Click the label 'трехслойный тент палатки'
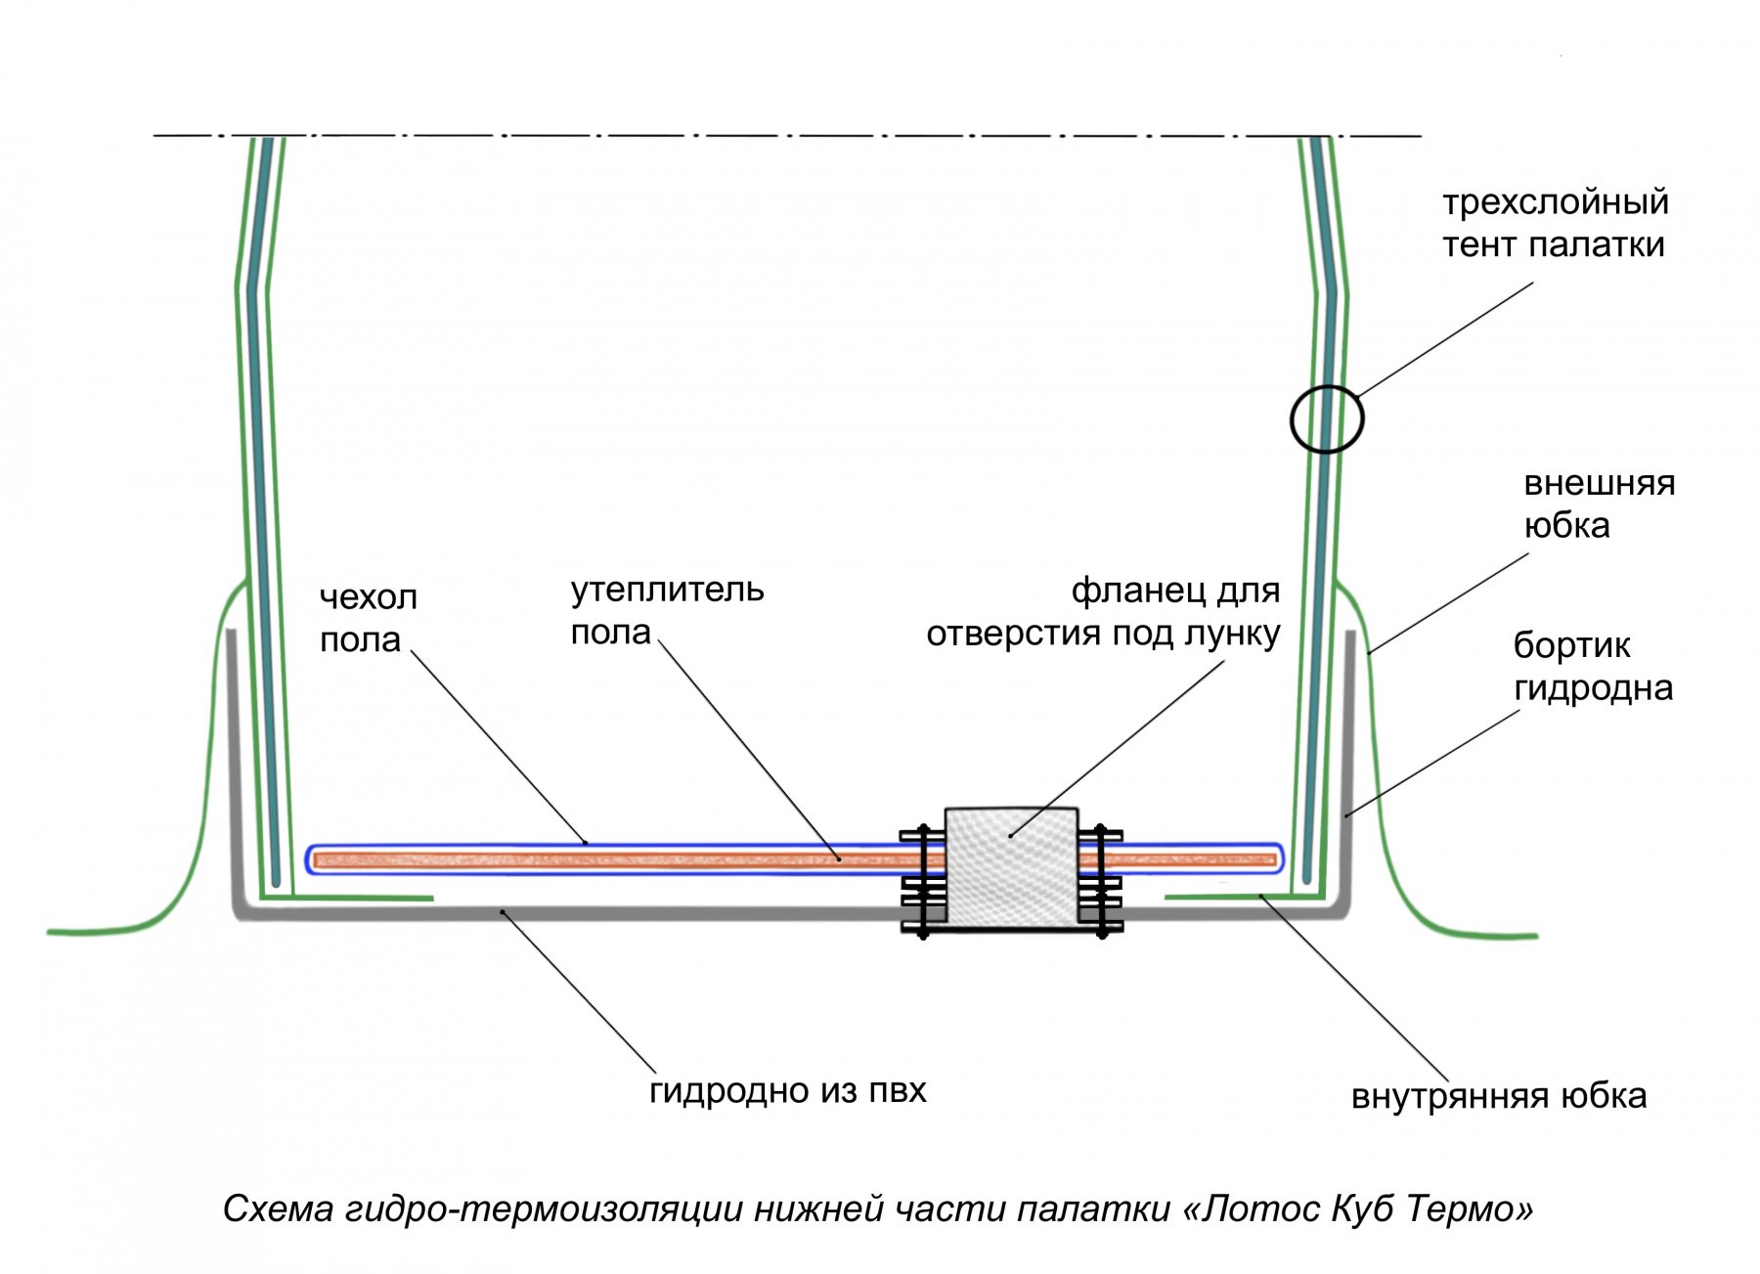(1555, 224)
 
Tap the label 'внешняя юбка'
(1599, 505)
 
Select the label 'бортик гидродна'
(1592, 667)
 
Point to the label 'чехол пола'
(368, 618)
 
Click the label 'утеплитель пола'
(667, 611)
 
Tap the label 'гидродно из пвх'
(787, 1090)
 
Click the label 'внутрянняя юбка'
(1498, 1096)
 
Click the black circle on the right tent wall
(1326, 419)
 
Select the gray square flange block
(1011, 867)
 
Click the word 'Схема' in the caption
(278, 1209)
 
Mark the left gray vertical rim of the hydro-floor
(233, 763)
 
